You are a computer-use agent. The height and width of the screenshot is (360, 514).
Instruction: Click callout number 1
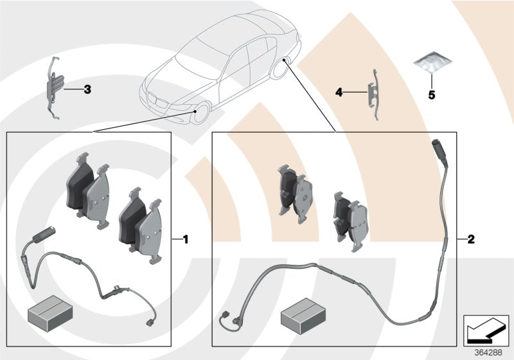185,240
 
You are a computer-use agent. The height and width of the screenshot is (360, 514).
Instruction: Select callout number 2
470,240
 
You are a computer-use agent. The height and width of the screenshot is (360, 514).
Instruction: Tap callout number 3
87,89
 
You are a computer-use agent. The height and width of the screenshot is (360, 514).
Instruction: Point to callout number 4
339,93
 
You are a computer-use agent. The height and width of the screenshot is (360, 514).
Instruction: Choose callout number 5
432,94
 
